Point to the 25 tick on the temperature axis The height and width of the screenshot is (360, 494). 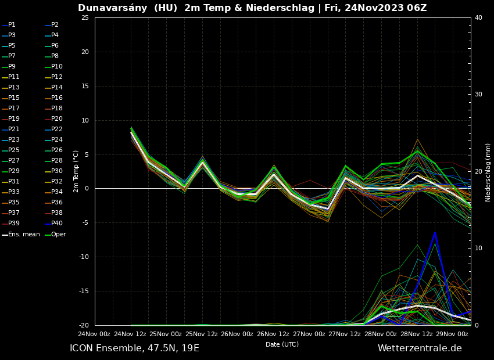tap(85, 17)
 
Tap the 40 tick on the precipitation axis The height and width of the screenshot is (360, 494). tap(478, 17)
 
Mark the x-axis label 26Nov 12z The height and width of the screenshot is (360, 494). tap(273, 334)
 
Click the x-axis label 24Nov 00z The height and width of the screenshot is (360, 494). tap(94, 334)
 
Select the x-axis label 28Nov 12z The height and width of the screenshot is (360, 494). tap(416, 334)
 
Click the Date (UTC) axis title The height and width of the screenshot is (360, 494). tap(282, 345)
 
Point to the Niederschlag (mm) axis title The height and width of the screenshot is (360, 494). tap(488, 172)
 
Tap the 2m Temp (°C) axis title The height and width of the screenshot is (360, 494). tap(76, 171)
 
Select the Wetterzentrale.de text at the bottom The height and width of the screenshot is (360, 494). tap(420, 348)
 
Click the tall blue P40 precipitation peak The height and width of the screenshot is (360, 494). tap(434, 233)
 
